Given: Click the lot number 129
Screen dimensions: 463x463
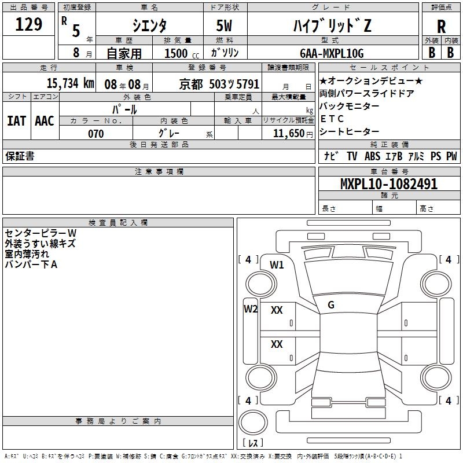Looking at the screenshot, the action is [x=30, y=25].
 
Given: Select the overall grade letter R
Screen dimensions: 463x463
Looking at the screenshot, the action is [x=441, y=27].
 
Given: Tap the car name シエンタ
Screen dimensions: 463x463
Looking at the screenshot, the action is [x=150, y=25].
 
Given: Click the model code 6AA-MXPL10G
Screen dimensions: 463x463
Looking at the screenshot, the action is [x=332, y=53].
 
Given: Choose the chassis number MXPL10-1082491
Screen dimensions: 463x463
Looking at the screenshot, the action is [x=380, y=185].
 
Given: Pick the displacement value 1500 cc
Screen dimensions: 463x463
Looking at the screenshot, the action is [x=180, y=53].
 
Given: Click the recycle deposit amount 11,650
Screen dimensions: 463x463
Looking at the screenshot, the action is [x=288, y=133].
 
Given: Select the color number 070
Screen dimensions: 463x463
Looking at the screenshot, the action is [x=95, y=134].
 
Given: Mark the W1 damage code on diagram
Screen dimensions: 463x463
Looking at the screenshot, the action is [x=277, y=265].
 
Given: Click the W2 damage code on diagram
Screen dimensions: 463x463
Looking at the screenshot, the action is [x=250, y=308].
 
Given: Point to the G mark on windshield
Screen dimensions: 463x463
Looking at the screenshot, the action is [x=331, y=305].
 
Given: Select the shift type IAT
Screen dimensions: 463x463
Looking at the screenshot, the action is [x=16, y=120].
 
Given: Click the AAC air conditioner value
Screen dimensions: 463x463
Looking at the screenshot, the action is [x=45, y=120].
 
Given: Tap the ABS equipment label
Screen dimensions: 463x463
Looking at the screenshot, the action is [x=372, y=156].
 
